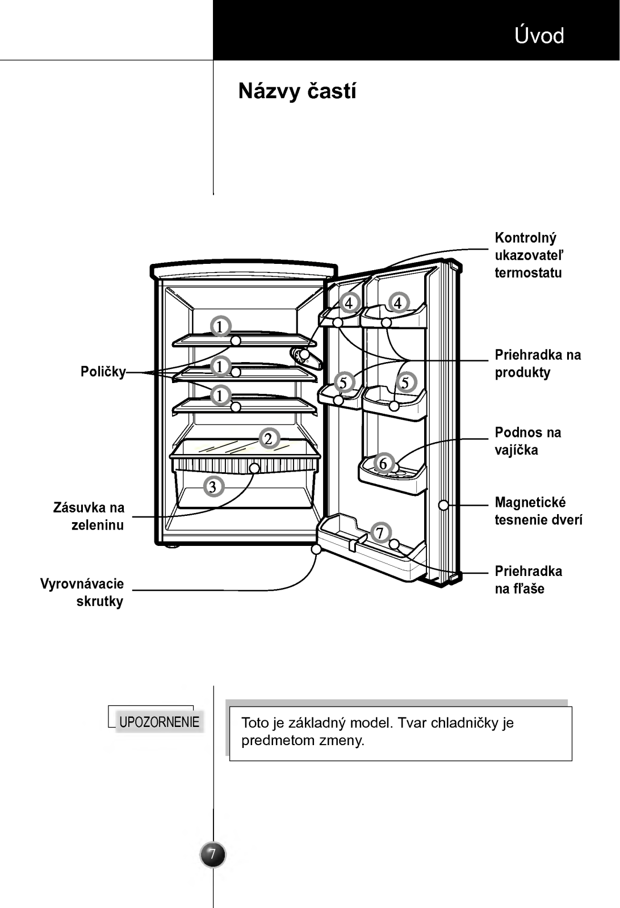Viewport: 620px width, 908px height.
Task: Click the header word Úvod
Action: [539, 35]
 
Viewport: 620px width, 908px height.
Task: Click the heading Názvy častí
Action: [298, 91]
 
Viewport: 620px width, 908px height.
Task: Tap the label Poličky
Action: [103, 372]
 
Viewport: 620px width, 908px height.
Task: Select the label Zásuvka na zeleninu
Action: [89, 516]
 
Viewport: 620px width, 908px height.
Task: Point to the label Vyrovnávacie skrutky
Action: [82, 592]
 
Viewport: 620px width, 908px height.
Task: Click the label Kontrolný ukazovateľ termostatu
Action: [529, 255]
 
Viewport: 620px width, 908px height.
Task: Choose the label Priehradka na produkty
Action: [538, 363]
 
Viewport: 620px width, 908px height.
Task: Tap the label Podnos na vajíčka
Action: [527, 441]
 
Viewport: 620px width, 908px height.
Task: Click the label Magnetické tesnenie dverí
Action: [538, 511]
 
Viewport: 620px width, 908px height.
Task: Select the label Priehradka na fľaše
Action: [529, 579]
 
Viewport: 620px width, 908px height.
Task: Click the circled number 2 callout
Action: [269, 439]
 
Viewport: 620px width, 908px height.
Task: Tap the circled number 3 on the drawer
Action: [213, 486]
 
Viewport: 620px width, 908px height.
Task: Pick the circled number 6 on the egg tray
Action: [383, 463]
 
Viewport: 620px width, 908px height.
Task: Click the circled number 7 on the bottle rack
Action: [380, 532]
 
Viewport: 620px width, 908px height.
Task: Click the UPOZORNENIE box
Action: [158, 722]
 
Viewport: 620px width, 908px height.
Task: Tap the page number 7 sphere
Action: [212, 855]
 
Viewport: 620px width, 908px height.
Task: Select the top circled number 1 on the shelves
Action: [221, 326]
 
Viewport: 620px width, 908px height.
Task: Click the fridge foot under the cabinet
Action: [172, 547]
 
